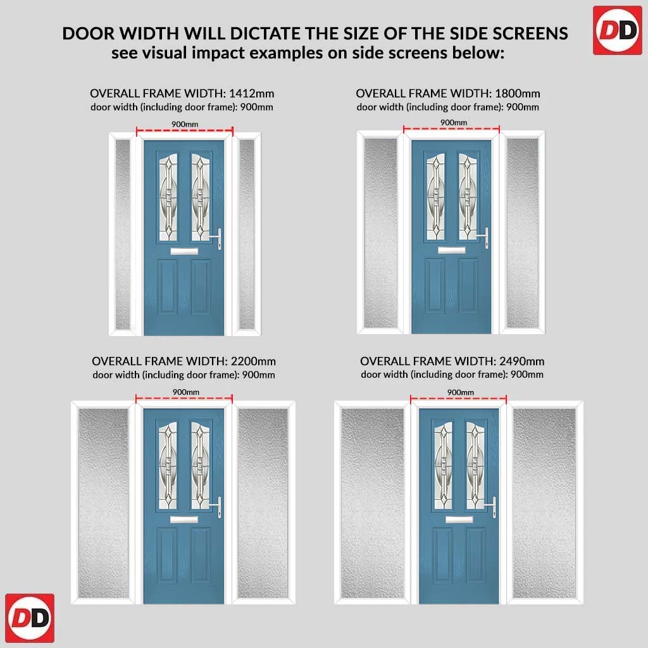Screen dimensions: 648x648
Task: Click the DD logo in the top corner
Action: coord(617,30)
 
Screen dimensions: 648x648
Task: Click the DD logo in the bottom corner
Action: coord(30,618)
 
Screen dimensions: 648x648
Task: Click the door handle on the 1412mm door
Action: coord(218,239)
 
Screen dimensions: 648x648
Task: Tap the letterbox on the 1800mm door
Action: coord(452,250)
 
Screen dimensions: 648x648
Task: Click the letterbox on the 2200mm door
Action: coord(184,520)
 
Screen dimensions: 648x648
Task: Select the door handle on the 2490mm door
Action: coord(491,507)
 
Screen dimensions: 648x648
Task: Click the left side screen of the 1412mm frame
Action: coord(123,234)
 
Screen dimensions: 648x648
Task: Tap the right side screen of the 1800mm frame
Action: coord(522,233)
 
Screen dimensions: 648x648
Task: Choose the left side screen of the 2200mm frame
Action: coord(103,503)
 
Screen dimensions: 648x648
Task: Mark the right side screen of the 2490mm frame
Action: coord(544,503)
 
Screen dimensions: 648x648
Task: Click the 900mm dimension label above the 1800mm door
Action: coord(454,122)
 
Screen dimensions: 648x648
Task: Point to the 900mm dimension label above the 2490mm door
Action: coord(461,392)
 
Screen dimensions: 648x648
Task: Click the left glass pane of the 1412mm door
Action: coord(168,197)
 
